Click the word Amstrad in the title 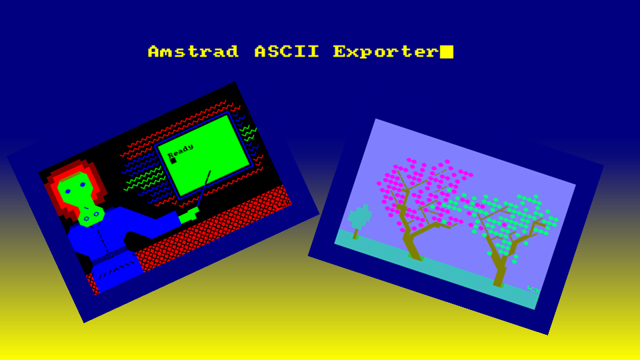point(193,52)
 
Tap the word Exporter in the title point(385,52)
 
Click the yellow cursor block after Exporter point(447,52)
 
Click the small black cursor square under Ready point(173,160)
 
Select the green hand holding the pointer point(189,215)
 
